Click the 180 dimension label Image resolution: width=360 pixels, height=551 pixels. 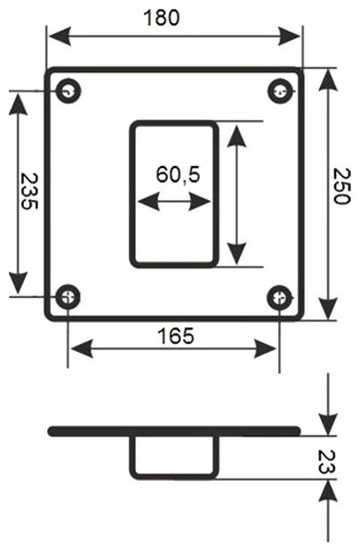[x=162, y=18]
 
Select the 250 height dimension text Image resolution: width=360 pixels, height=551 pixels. [x=341, y=187]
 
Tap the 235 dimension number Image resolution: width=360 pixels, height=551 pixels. [x=28, y=191]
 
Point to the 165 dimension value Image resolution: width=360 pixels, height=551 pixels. [x=176, y=336]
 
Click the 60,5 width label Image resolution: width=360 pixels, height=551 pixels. [x=179, y=174]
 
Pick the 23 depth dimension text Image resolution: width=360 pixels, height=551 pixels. [x=327, y=462]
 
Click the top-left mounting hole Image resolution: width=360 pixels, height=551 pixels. [x=68, y=92]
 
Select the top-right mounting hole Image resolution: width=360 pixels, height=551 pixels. [x=280, y=92]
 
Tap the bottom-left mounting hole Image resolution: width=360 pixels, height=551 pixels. [x=68, y=298]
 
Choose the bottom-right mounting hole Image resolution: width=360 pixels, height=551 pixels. [x=279, y=298]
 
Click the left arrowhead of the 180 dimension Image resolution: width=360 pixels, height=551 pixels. [x=60, y=36]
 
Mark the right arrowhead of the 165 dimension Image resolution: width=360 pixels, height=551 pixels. [x=265, y=348]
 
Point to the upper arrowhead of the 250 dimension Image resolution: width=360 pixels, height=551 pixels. [x=328, y=81]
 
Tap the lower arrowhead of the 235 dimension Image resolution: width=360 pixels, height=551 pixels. [x=19, y=283]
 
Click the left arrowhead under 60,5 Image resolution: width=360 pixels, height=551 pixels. [x=148, y=202]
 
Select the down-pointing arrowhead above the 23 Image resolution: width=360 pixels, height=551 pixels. [x=328, y=424]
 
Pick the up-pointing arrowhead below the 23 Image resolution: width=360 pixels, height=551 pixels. [x=328, y=491]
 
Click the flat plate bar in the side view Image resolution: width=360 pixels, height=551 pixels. [x=174, y=431]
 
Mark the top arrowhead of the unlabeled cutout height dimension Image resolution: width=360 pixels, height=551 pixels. [x=236, y=135]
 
